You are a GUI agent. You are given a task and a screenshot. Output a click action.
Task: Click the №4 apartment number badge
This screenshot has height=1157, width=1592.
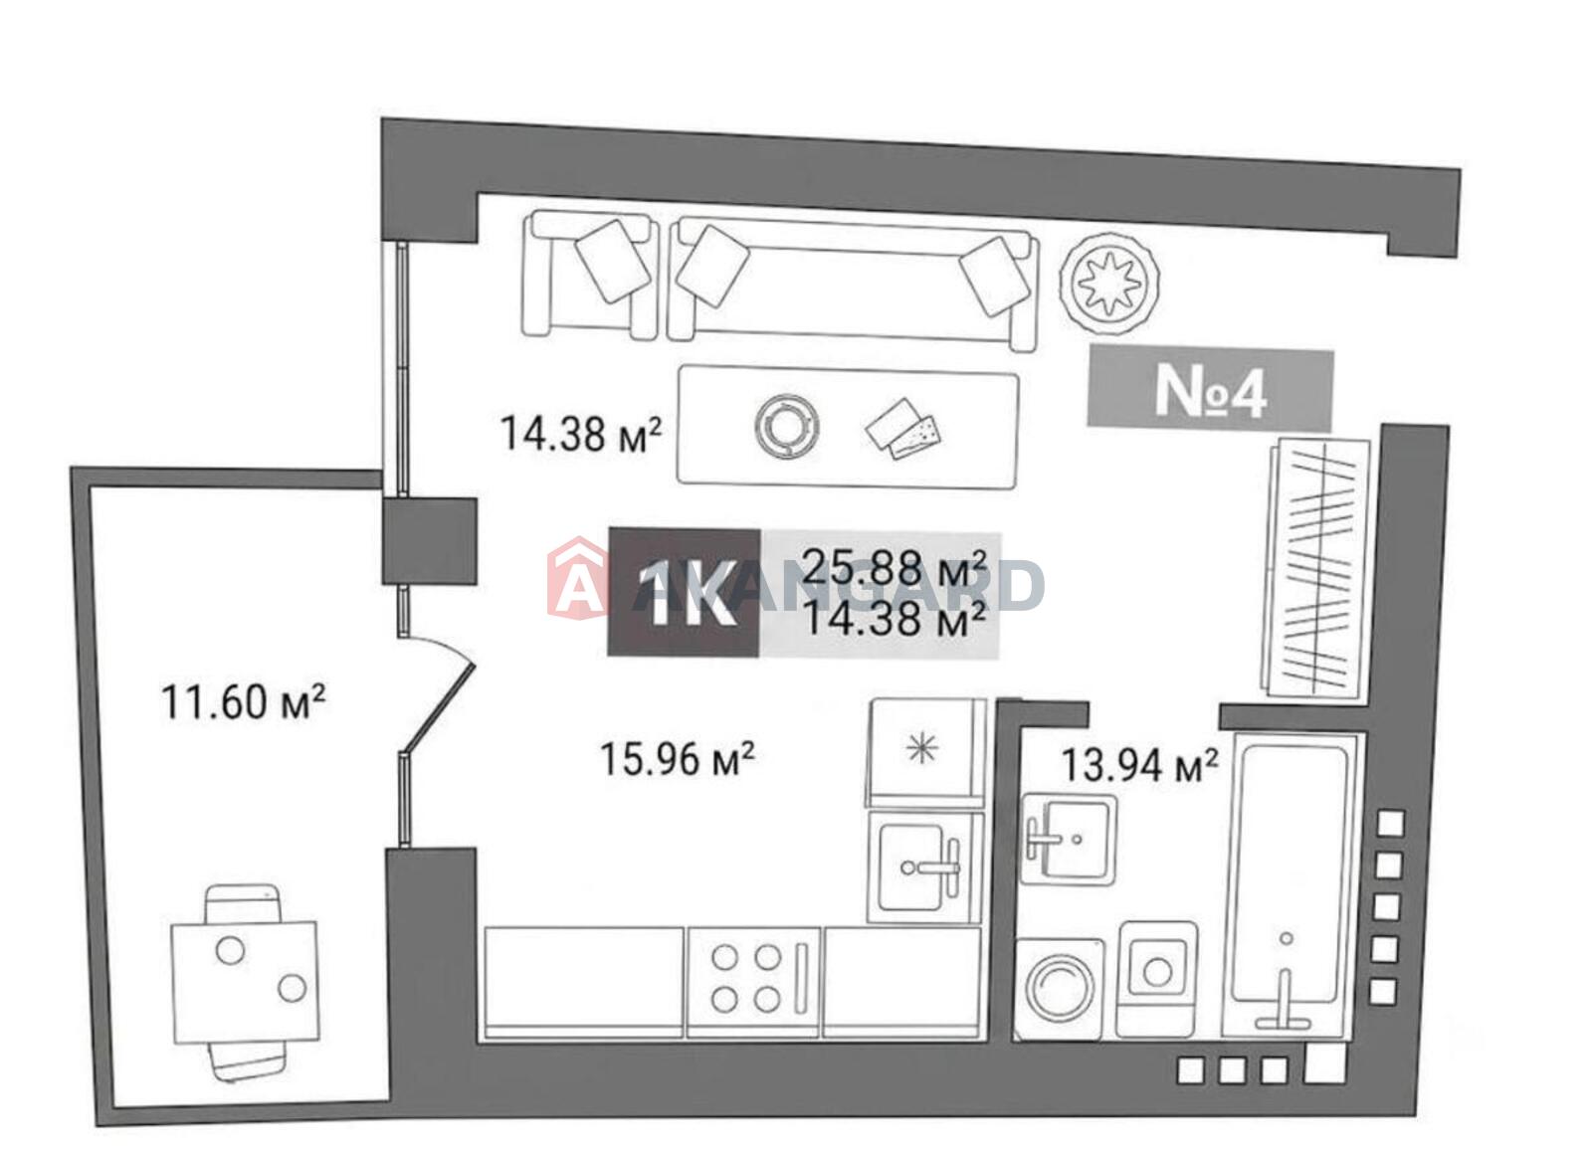[x=1210, y=391]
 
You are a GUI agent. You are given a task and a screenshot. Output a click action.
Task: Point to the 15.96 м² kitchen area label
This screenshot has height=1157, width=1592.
[x=677, y=758]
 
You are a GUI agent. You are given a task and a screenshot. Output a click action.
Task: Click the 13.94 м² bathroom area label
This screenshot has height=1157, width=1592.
[x=1139, y=764]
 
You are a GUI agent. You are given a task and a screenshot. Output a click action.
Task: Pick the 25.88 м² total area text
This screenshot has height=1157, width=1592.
[x=895, y=567]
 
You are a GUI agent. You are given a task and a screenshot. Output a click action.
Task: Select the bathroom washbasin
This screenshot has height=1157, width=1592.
[x=1068, y=840]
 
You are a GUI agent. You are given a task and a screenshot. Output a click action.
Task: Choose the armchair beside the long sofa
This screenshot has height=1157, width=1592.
[x=590, y=275]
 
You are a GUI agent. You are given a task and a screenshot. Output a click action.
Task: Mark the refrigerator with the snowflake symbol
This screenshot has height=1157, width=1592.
[x=926, y=753]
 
